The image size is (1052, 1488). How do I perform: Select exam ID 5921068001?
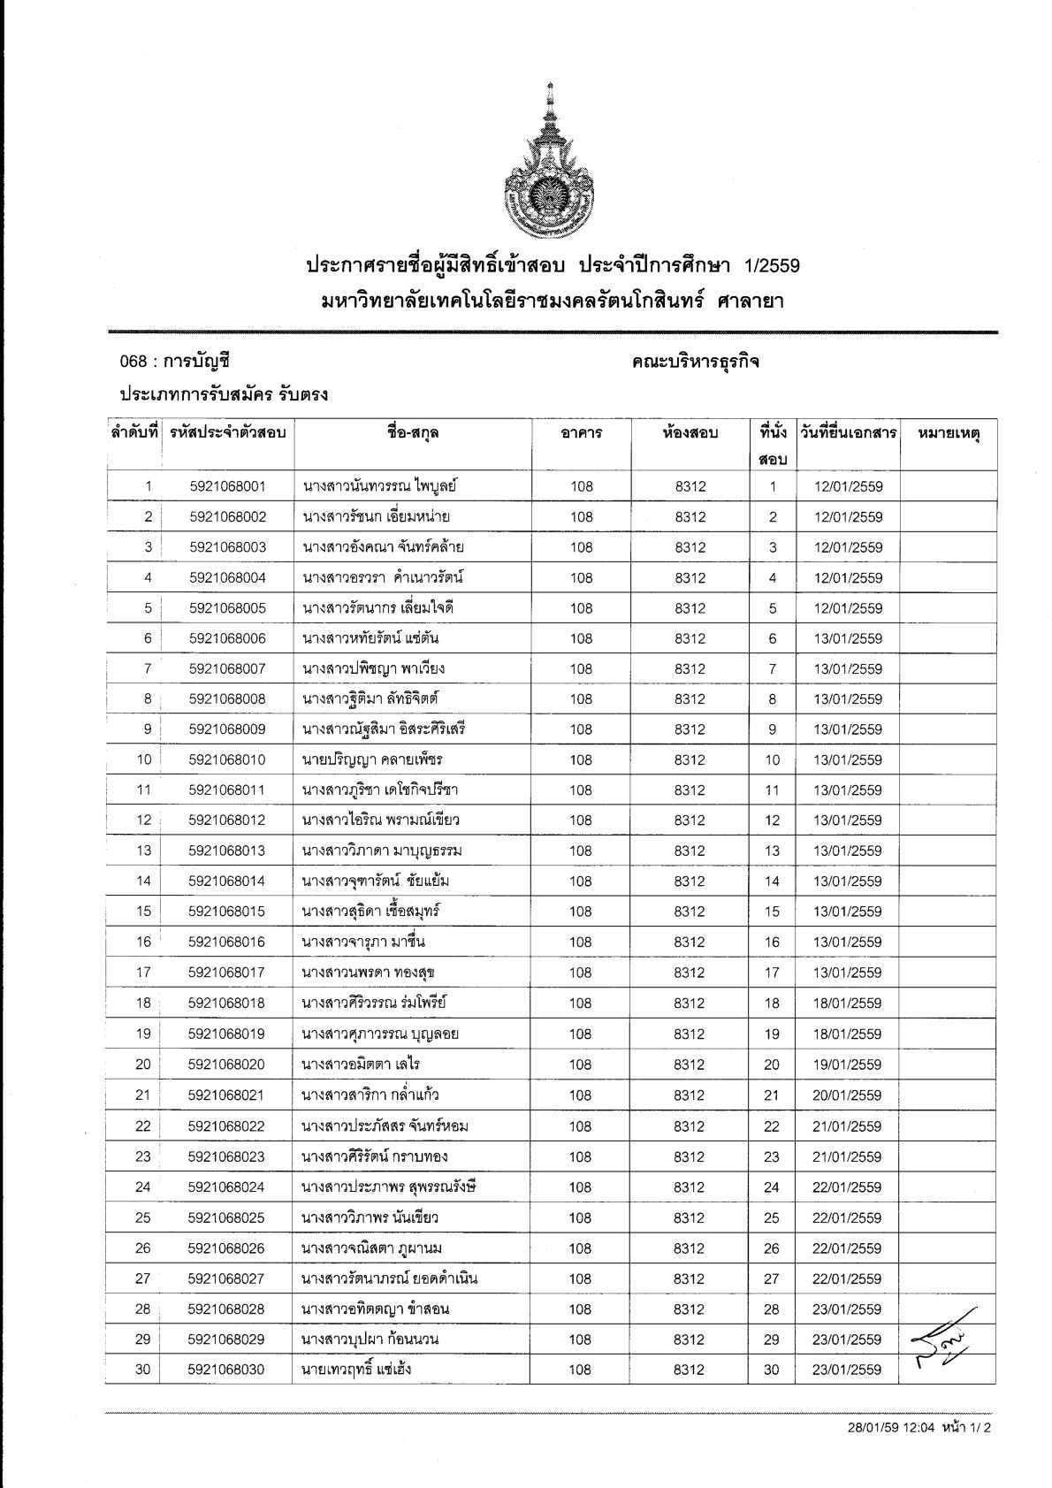coord(227,486)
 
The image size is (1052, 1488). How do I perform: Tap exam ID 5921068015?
coord(227,912)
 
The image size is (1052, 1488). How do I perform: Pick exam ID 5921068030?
coord(226,1370)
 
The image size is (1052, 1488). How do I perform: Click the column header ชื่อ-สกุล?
coord(412,433)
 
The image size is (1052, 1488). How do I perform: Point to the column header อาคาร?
coord(581,433)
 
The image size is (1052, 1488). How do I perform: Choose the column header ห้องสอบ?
coord(690,433)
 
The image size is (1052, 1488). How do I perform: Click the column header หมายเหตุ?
coord(949,433)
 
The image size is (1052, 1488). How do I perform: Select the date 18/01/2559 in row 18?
coord(847,1003)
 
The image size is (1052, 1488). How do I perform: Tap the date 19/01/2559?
coord(847,1064)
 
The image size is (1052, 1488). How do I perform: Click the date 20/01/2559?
coord(847,1095)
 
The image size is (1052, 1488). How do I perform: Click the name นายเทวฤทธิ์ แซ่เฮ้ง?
coord(356,1370)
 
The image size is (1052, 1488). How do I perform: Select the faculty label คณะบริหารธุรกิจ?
coord(696,362)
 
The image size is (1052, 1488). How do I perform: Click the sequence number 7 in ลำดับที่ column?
coord(148,668)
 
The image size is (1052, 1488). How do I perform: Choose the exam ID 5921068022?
coord(226,1126)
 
